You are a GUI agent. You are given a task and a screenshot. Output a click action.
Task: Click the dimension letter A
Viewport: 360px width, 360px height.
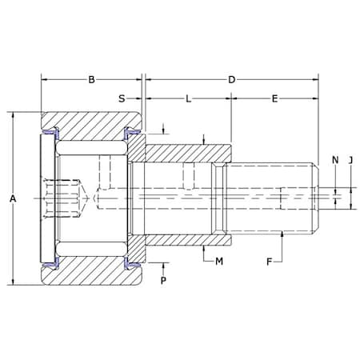(13, 198)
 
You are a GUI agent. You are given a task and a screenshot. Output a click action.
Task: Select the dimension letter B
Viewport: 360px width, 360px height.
(91, 80)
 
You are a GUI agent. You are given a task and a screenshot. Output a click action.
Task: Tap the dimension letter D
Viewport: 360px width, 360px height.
(232, 80)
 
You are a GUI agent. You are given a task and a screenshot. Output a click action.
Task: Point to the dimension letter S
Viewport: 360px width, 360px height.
(122, 98)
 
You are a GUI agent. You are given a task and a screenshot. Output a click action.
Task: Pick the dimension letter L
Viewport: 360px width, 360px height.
(188, 99)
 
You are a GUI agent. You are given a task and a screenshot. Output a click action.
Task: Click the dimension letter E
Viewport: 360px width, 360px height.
(274, 99)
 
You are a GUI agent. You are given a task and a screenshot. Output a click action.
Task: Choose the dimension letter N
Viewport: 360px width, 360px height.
(335, 160)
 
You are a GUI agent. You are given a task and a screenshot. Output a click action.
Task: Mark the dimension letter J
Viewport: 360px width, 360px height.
(351, 160)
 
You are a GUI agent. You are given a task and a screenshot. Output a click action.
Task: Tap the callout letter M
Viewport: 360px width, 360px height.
(219, 262)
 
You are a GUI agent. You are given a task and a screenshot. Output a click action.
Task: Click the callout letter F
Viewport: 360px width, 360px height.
(270, 262)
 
